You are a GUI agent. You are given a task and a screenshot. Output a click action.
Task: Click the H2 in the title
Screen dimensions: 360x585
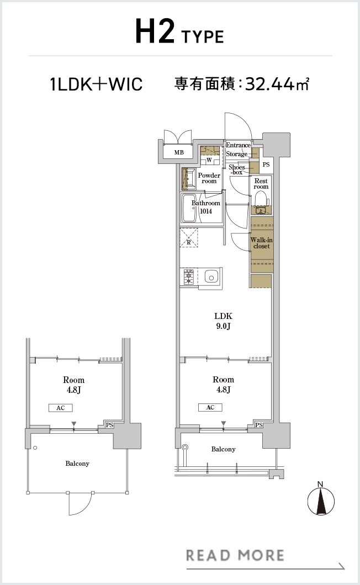(x=155, y=31)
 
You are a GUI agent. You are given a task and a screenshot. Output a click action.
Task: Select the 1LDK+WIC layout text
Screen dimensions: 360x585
(x=96, y=84)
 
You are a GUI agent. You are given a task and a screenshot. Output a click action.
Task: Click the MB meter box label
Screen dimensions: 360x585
(x=179, y=152)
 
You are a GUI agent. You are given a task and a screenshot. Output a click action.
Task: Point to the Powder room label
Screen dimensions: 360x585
(x=209, y=178)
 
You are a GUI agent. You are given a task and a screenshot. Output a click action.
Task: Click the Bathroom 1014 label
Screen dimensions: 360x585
(x=206, y=207)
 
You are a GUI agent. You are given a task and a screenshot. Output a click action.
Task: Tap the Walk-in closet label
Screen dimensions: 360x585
(x=261, y=243)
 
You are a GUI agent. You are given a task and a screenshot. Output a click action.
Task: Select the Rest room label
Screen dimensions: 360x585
(x=261, y=184)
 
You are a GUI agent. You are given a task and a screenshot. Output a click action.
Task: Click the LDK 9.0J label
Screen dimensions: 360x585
(x=223, y=321)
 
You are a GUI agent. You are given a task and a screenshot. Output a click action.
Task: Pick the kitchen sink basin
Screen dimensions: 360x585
(x=211, y=277)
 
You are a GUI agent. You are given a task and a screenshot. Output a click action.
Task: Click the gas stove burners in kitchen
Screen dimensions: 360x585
(x=189, y=277)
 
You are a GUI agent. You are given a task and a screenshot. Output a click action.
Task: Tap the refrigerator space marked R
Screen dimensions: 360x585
(x=189, y=238)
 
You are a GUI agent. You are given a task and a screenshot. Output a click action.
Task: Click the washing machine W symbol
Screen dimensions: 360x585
(x=209, y=160)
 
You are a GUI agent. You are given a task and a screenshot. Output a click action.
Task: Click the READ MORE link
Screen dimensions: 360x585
(x=235, y=556)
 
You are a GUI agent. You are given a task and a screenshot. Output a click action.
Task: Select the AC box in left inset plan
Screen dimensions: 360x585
(x=61, y=408)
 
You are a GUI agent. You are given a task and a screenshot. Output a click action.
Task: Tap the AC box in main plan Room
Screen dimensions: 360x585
(x=210, y=407)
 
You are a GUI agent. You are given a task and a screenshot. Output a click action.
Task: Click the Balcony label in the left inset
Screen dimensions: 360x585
(x=77, y=464)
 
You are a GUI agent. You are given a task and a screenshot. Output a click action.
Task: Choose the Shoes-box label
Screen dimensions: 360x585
(x=237, y=170)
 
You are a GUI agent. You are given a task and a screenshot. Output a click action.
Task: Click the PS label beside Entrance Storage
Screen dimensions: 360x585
(x=266, y=164)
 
